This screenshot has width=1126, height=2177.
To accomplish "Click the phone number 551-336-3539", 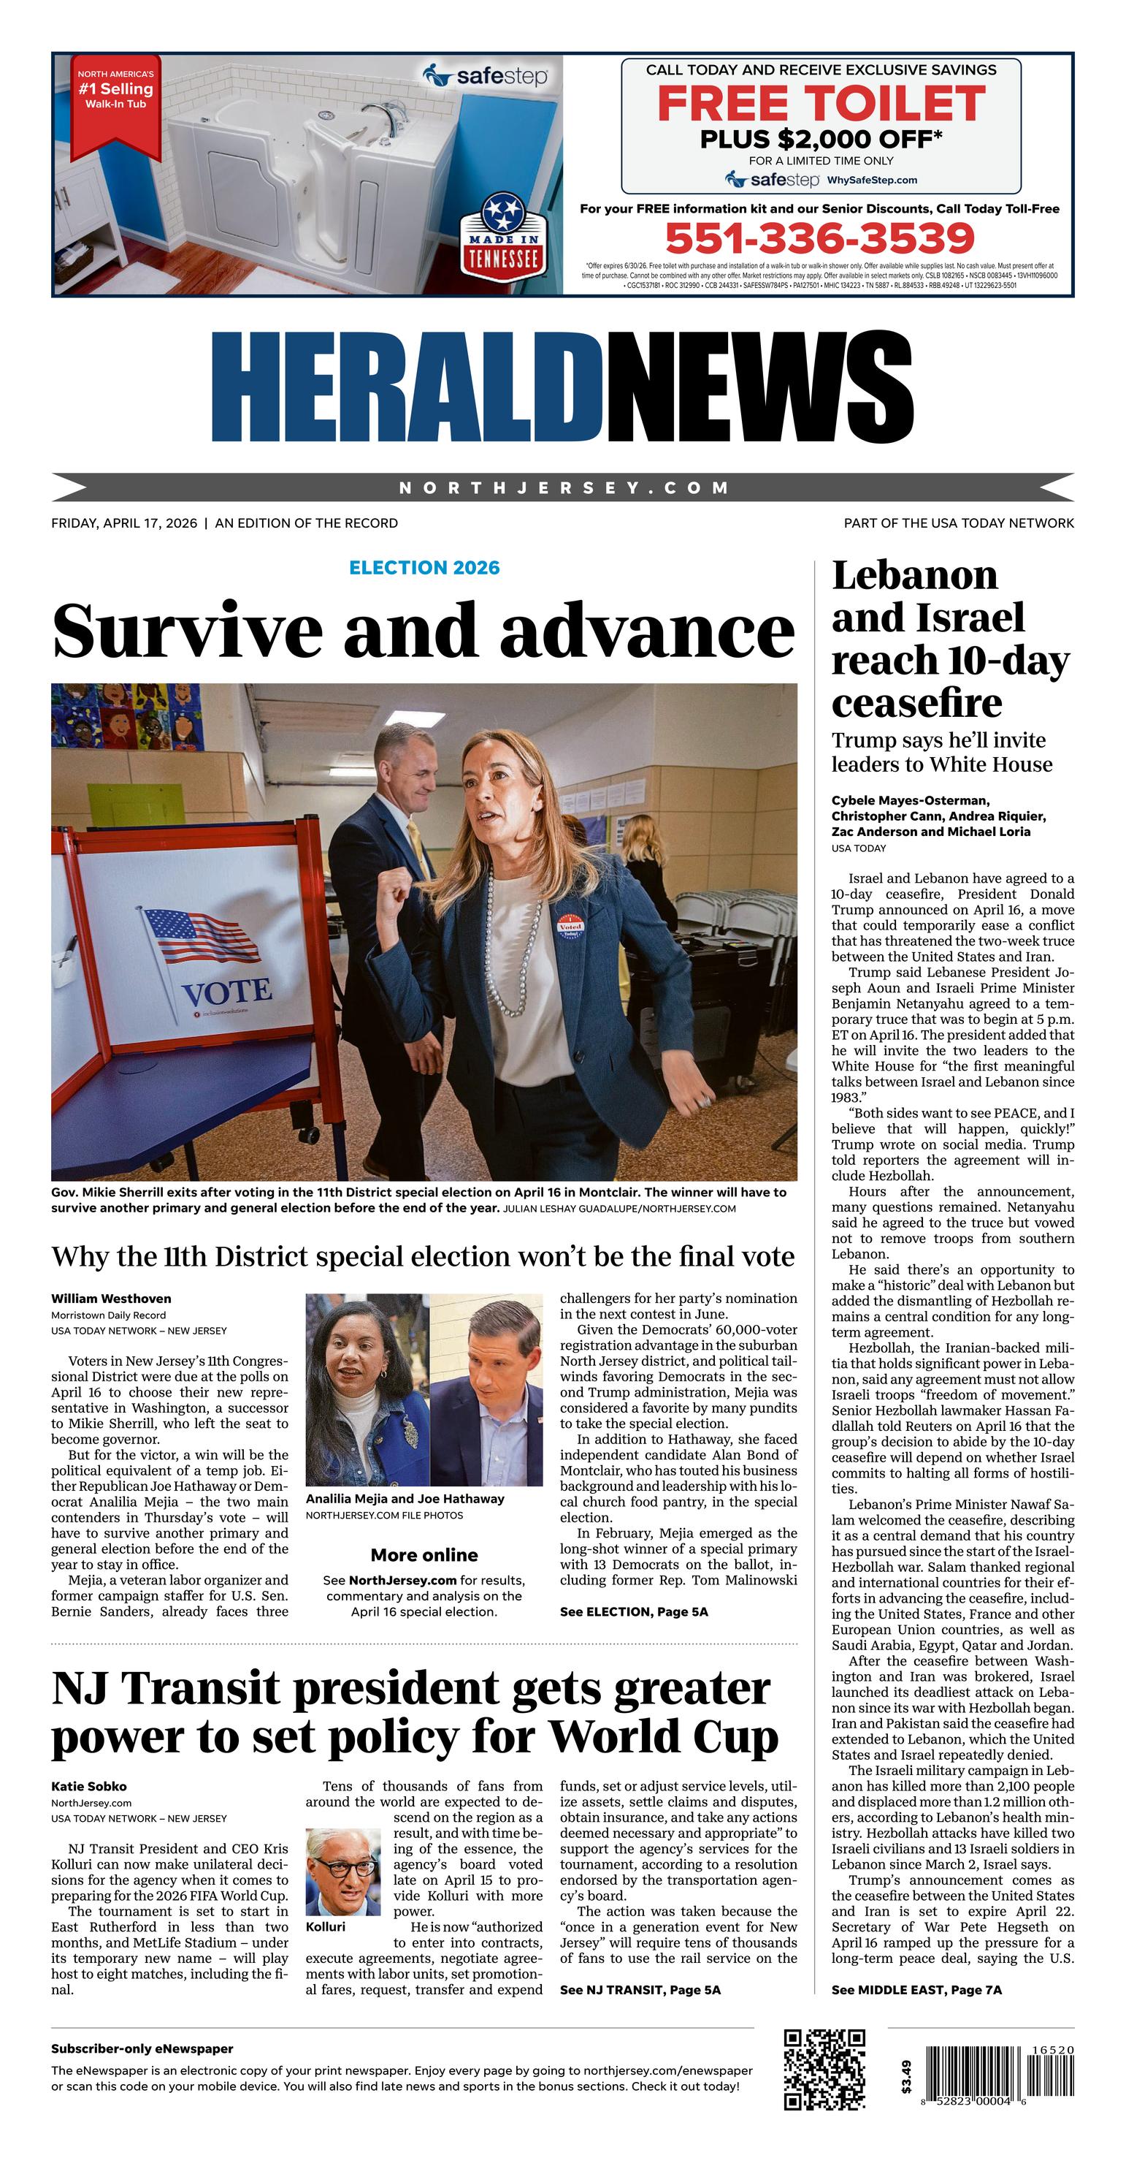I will pyautogui.click(x=819, y=238).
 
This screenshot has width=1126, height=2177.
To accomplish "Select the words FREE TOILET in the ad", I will pyautogui.click(x=821, y=103).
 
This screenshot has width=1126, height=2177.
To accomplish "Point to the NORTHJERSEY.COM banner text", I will pyautogui.click(x=564, y=487).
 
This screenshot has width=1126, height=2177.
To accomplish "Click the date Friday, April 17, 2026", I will pyautogui.click(x=124, y=523).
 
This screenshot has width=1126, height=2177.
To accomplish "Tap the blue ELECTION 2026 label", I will pyautogui.click(x=424, y=567).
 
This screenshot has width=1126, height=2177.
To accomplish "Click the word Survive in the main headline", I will pyautogui.click(x=188, y=631).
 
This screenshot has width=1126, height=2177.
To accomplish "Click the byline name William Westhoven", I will pyautogui.click(x=111, y=1298).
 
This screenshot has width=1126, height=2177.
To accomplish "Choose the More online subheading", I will pyautogui.click(x=424, y=1555).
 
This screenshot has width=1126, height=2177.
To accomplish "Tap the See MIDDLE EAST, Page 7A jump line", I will pyautogui.click(x=916, y=1989).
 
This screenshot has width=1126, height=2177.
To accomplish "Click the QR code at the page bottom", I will pyautogui.click(x=824, y=2070).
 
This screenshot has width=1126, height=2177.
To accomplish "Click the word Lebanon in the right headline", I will pyautogui.click(x=915, y=577).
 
